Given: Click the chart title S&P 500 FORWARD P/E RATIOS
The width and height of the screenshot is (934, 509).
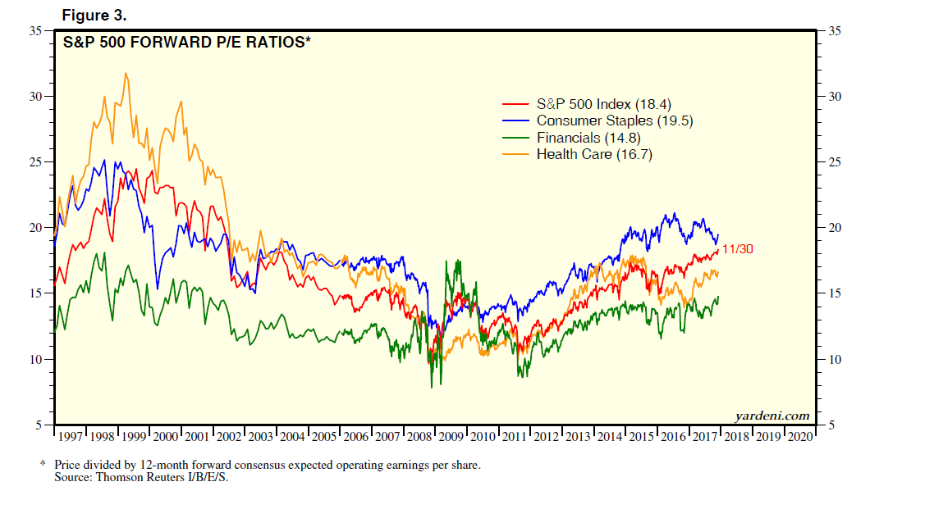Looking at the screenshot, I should pos(187,42).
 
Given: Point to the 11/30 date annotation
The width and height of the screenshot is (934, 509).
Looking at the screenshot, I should pos(737,248).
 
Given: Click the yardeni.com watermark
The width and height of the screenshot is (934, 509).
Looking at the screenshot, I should pos(771,416).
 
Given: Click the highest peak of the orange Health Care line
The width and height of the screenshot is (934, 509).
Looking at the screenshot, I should pos(126,74).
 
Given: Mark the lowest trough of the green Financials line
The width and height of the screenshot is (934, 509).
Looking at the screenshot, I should pos(431,387).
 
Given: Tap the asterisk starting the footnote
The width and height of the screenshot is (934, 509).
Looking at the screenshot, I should pos(43,465).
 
